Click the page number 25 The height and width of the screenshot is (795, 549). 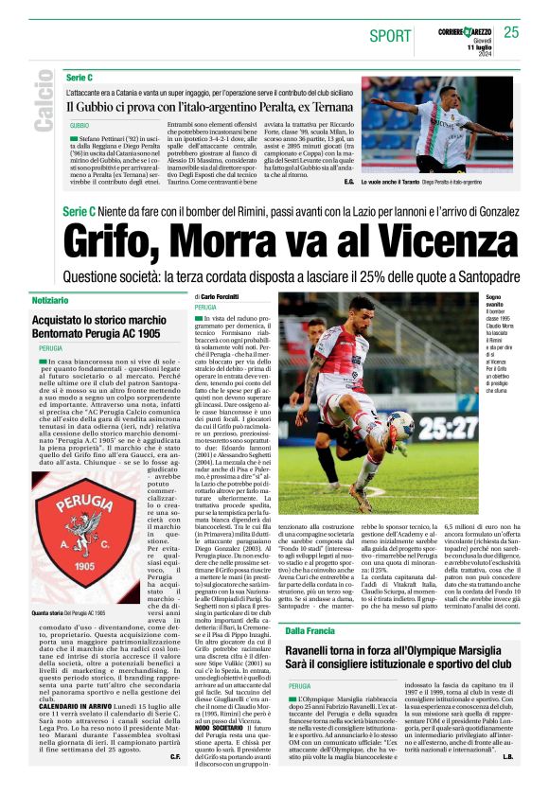511,32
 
